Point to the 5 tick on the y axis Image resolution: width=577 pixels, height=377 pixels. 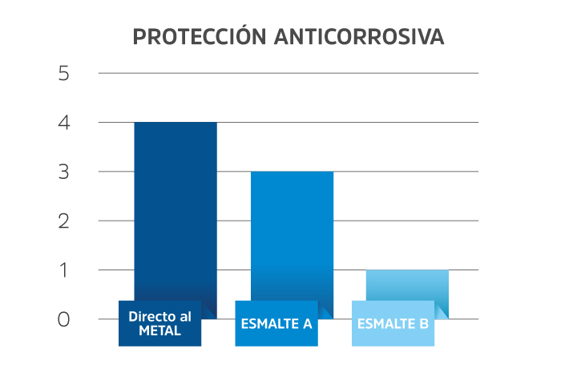click(x=64, y=74)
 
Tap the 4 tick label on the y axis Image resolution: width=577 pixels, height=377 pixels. click(x=64, y=123)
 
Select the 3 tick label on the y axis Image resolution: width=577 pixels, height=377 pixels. click(x=64, y=172)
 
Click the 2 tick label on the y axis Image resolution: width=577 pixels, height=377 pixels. click(x=64, y=221)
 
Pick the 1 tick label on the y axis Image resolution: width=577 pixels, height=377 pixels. click(x=64, y=270)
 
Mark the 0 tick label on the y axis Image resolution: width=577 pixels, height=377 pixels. click(x=64, y=319)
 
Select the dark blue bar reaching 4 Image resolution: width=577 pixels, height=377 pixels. click(x=176, y=209)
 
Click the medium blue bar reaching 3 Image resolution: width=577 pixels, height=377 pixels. click(x=293, y=233)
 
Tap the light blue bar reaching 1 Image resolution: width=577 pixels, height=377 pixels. click(x=408, y=285)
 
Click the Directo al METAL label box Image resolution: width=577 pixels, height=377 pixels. click(x=160, y=323)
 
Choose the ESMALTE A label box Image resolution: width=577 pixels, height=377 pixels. click(x=276, y=323)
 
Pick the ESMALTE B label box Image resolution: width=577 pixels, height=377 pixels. click(x=393, y=323)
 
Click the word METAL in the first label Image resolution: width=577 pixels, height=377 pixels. click(x=160, y=330)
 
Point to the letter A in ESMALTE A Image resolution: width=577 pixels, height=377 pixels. click(x=307, y=325)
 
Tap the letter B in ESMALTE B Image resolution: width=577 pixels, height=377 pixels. click(x=424, y=325)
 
